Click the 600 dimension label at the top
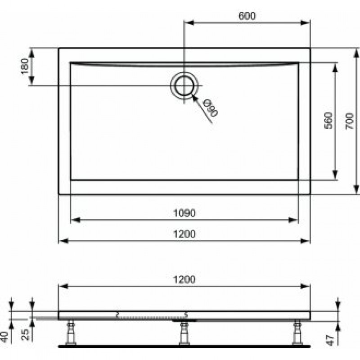pyautogui.click(x=247, y=16)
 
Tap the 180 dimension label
pyautogui.click(x=25, y=66)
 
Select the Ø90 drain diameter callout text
pyautogui.click(x=211, y=108)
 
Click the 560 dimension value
pyautogui.click(x=328, y=120)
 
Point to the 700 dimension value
pyautogui.click(x=350, y=121)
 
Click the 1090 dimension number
pyautogui.click(x=184, y=213)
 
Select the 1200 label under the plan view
pyautogui.click(x=184, y=234)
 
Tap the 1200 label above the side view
pyautogui.click(x=184, y=279)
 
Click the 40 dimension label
pyautogui.click(x=4, y=337)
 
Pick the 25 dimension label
pyautogui.click(x=25, y=335)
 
